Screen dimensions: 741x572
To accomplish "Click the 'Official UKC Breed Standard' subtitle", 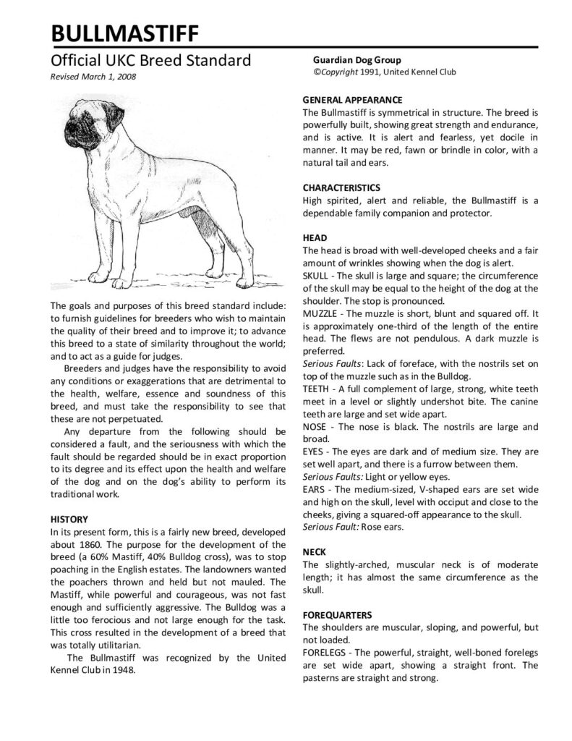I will coord(150,60).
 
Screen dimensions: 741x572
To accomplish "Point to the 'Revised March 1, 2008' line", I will coord(93,76).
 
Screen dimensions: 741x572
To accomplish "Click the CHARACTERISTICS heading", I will coord(341,187).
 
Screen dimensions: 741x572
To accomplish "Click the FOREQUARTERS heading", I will coord(337,614).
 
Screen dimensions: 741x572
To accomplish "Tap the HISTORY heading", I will coord(69,519).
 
